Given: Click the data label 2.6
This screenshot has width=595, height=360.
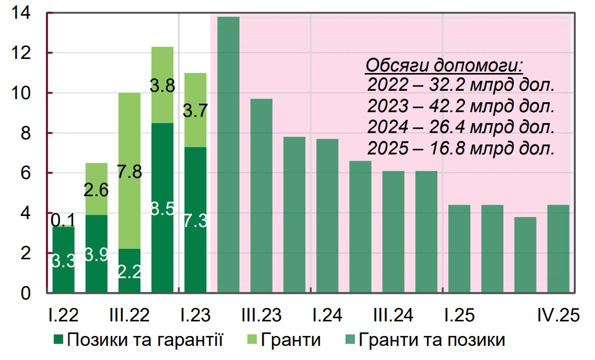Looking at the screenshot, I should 96,190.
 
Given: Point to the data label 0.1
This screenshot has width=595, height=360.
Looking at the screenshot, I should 63,220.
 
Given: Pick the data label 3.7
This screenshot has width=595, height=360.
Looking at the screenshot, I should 195,110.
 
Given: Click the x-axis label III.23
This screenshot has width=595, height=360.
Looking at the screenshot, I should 261,316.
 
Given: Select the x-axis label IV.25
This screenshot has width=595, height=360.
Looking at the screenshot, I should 558,316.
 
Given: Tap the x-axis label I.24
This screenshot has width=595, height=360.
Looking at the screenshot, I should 327,316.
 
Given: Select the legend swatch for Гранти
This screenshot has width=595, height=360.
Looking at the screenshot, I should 252,341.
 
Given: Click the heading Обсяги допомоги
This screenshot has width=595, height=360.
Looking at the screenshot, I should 444,66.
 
